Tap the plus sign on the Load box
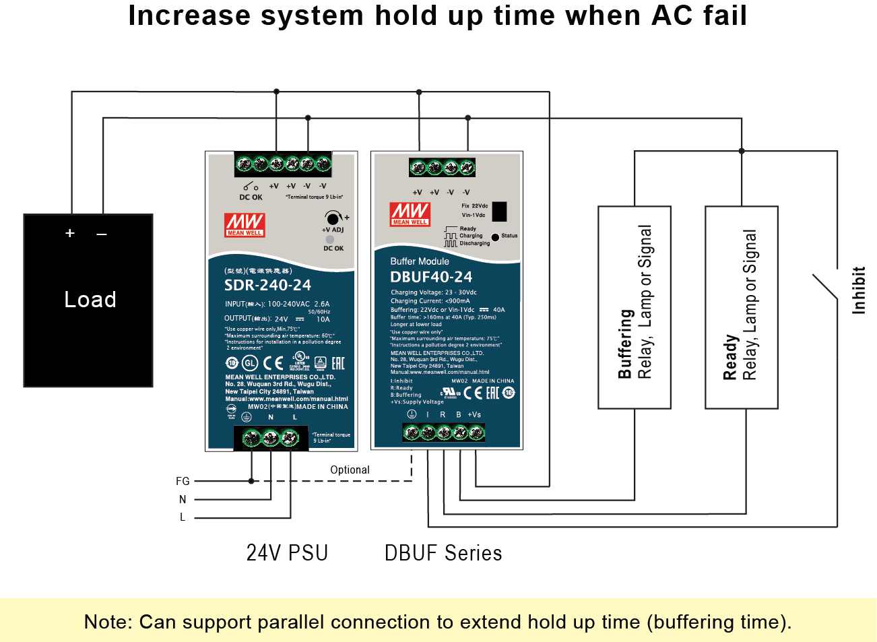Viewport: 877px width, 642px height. click(70, 233)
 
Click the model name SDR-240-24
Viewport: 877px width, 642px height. click(267, 285)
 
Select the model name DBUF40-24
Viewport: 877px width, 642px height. click(431, 277)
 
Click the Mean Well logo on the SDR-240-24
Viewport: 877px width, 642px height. click(245, 225)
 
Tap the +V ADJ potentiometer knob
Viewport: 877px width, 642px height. click(332, 218)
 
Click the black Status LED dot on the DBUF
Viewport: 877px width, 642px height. click(495, 236)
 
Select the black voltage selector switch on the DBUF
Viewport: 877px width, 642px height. click(499, 212)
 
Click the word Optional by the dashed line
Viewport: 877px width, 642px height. click(350, 470)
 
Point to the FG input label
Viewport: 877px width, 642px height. click(183, 481)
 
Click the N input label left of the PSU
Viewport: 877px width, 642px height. click(183, 499)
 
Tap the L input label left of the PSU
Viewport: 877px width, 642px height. click(183, 517)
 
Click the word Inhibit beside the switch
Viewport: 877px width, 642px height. click(858, 290)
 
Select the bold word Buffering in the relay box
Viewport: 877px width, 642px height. click(626, 344)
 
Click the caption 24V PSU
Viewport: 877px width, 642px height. click(287, 553)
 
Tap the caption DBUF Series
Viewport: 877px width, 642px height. click(443, 553)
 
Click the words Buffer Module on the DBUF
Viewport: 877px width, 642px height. click(420, 261)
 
